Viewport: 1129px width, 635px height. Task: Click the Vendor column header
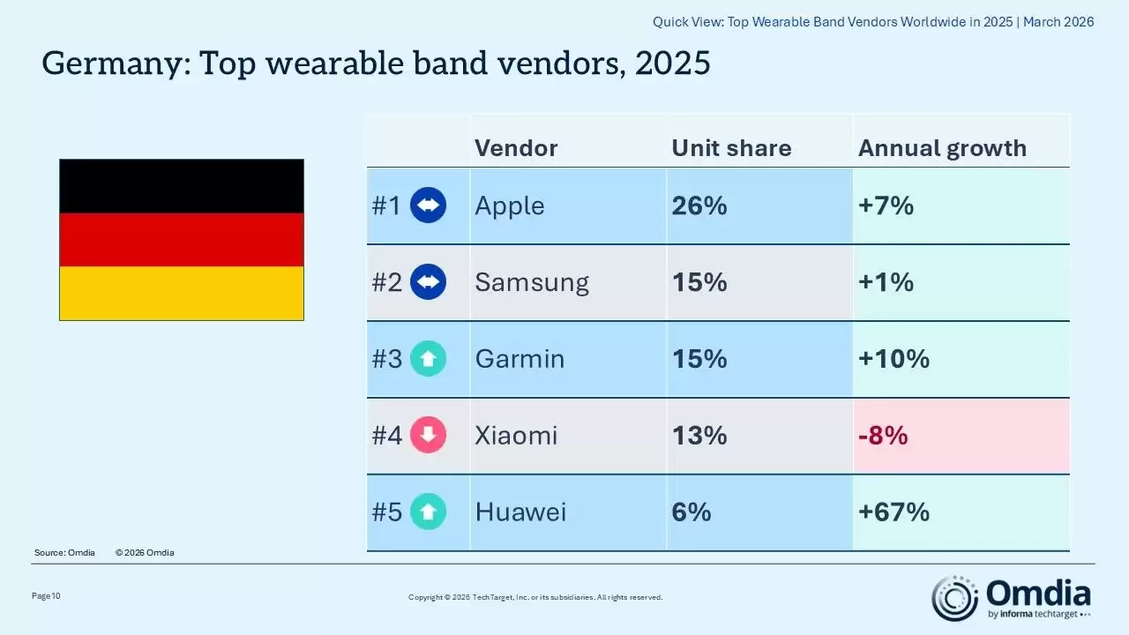(516, 148)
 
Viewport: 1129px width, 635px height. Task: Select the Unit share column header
(731, 148)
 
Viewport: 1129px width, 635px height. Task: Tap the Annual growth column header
(942, 148)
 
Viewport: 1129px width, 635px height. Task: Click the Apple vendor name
(510, 206)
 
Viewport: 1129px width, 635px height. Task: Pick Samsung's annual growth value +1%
(886, 282)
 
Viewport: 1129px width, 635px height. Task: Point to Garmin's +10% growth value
(893, 359)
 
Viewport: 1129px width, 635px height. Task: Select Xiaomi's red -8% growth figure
(883, 436)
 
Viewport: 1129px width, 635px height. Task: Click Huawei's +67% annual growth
(893, 512)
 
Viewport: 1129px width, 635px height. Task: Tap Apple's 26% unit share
(699, 206)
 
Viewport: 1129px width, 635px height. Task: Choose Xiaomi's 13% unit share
(699, 436)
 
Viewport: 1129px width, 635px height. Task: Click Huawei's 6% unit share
(692, 512)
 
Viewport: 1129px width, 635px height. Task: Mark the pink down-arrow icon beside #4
(429, 436)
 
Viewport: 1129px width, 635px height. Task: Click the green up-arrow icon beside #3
(429, 359)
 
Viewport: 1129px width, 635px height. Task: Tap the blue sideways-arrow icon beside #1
(429, 206)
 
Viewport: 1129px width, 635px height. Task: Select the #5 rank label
(386, 512)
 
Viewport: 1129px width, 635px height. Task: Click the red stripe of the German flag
(182, 239)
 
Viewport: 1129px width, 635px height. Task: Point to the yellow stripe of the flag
(182, 293)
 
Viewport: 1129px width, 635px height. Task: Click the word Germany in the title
(115, 63)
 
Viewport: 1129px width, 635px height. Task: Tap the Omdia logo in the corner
(1012, 598)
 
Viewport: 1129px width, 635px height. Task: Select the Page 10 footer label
(46, 596)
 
